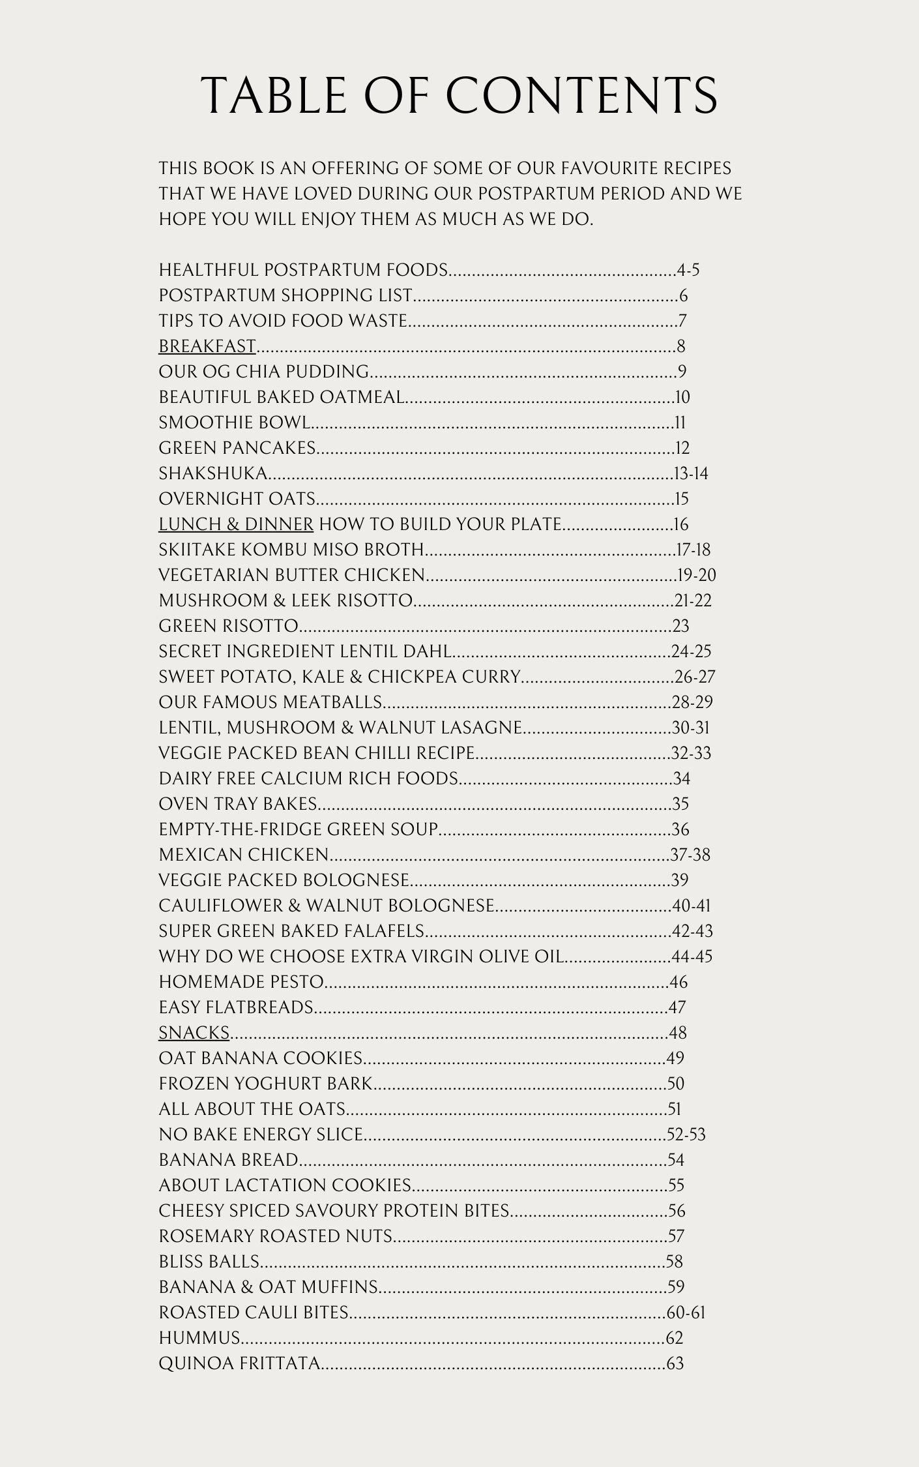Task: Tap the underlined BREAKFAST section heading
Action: click(207, 346)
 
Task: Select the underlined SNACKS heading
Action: click(194, 1033)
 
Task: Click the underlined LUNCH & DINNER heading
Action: click(236, 524)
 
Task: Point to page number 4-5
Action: click(688, 270)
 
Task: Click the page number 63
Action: click(675, 1363)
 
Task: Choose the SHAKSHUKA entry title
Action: click(213, 473)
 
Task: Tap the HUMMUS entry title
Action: click(199, 1338)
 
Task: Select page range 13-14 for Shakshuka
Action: click(691, 473)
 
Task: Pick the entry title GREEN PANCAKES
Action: click(237, 448)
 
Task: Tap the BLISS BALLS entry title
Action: click(209, 1262)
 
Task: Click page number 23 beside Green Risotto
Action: click(681, 626)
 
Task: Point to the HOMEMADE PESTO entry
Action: click(241, 982)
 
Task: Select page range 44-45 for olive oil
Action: click(692, 956)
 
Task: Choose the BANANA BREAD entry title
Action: click(228, 1160)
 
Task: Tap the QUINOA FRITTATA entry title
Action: click(239, 1363)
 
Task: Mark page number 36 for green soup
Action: click(680, 829)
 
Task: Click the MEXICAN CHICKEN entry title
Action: click(244, 855)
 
